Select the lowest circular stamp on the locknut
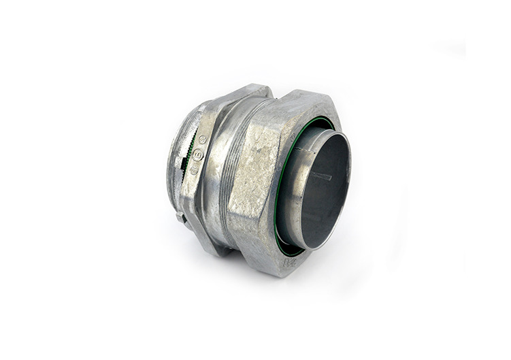point(194,169)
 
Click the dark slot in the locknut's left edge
point(178,216)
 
